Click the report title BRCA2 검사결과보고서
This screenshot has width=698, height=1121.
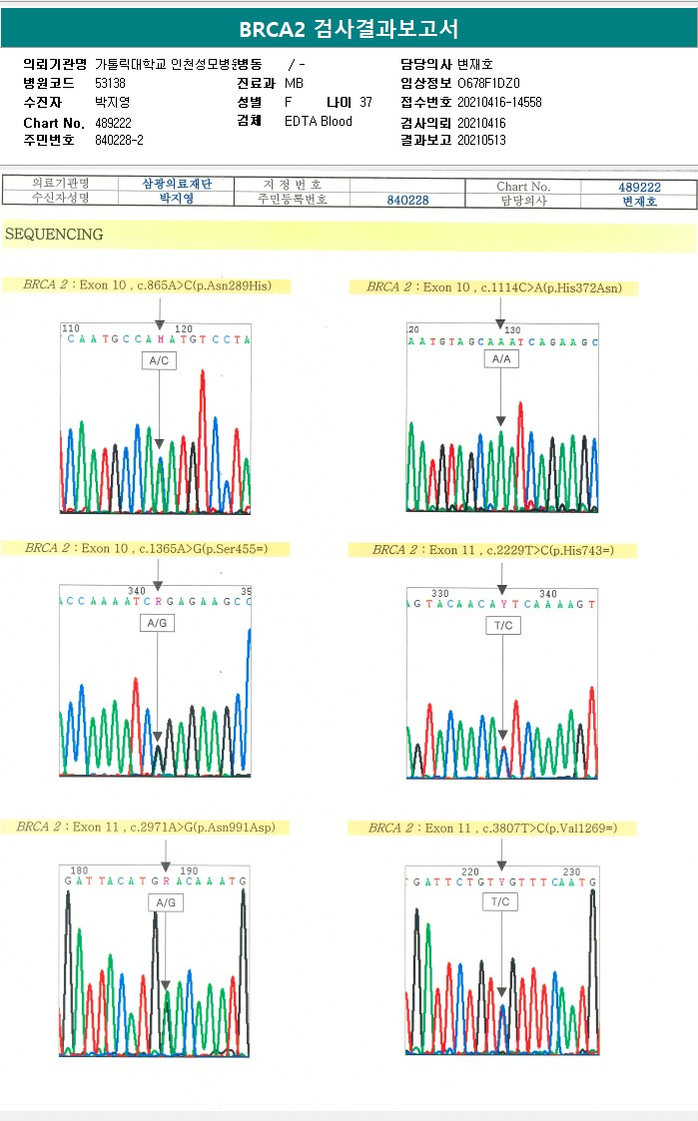(x=349, y=29)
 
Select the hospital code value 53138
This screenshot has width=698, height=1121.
(x=110, y=83)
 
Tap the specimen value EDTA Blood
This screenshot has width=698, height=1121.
(x=318, y=121)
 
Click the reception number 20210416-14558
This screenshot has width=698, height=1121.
(x=499, y=102)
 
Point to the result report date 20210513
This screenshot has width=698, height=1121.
(x=481, y=140)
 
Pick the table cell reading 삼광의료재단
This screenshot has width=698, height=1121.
(x=176, y=185)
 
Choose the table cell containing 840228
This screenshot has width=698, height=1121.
(x=407, y=201)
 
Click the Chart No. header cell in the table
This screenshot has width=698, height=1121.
(x=523, y=186)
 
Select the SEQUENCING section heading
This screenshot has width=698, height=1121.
(x=54, y=235)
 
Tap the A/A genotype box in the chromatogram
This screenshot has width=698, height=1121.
(x=500, y=358)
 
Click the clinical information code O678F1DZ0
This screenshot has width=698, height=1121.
(x=488, y=83)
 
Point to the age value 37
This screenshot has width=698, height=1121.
(x=365, y=102)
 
